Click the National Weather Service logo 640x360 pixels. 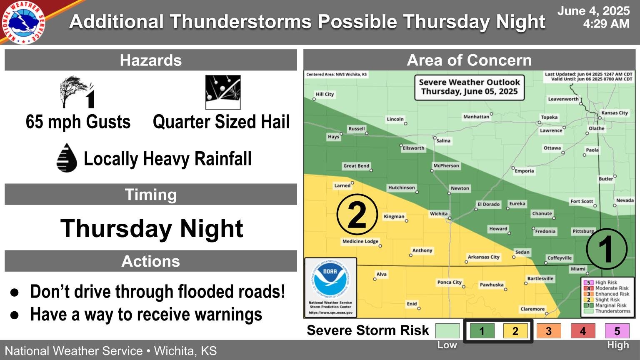[x=24, y=22]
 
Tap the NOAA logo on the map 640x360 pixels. [x=330, y=278]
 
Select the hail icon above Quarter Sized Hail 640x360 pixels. [x=223, y=92]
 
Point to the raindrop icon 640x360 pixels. [x=67, y=158]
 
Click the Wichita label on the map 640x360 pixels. [x=439, y=214]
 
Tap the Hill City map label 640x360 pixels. [x=325, y=94]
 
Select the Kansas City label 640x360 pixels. [x=614, y=113]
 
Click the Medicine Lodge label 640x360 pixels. [x=360, y=242]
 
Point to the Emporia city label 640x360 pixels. [x=524, y=171]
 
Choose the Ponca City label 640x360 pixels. [x=449, y=282]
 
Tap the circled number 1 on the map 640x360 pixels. [x=606, y=249]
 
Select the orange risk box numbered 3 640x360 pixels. [x=548, y=331]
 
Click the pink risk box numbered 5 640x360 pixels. [x=617, y=331]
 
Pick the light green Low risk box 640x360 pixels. [x=447, y=331]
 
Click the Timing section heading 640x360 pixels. [x=151, y=195]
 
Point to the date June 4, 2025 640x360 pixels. [x=593, y=11]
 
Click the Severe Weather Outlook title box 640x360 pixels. [x=469, y=87]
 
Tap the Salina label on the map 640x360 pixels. [x=443, y=141]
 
